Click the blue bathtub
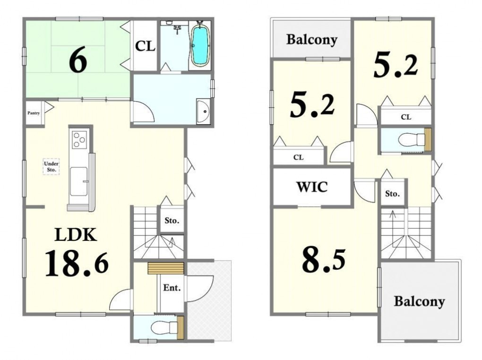pyautogui.click(x=200, y=45)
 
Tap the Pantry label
pyautogui.click(x=34, y=113)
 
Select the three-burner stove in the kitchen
pyautogui.click(x=79, y=139)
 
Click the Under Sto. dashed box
pyautogui.click(x=51, y=167)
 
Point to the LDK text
pyautogui.click(x=76, y=235)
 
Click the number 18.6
pyautogui.click(x=77, y=264)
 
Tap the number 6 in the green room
pyautogui.click(x=78, y=60)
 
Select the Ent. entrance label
pyautogui.click(x=172, y=288)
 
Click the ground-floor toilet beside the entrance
pyautogui.click(x=163, y=327)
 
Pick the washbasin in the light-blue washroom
pyautogui.click(x=203, y=112)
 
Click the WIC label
pyautogui.click(x=312, y=187)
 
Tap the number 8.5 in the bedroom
pyautogui.click(x=324, y=260)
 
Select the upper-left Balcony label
pyautogui.click(x=312, y=39)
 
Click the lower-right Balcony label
pyautogui.click(x=419, y=301)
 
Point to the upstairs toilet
pyautogui.click(x=410, y=140)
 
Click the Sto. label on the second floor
pyautogui.click(x=393, y=194)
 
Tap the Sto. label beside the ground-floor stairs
pyautogui.click(x=172, y=221)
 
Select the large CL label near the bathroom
pyautogui.click(x=145, y=46)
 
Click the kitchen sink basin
pyautogui.click(x=79, y=181)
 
